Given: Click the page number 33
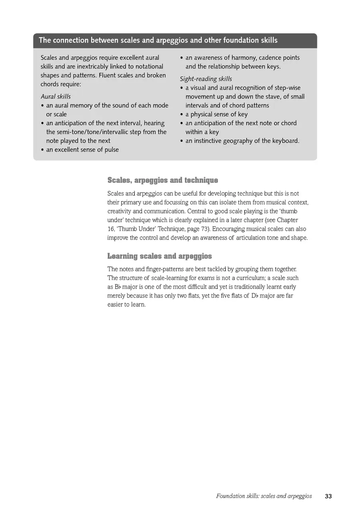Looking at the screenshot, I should (x=328, y=496).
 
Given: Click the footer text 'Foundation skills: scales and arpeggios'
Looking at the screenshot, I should (x=264, y=496).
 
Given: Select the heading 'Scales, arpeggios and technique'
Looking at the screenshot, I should (x=162, y=180).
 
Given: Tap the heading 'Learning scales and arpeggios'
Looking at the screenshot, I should (x=160, y=256).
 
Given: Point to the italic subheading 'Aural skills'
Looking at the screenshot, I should (x=56, y=96).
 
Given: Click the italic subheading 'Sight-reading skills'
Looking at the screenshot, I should (x=206, y=79).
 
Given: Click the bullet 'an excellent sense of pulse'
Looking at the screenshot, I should (x=82, y=150).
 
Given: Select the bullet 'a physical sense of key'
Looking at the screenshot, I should (x=216, y=114).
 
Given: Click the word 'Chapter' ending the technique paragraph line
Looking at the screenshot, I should (x=287, y=220).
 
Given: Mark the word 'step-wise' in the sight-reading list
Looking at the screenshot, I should (x=286, y=88).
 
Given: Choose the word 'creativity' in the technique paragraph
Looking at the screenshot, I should (x=120, y=211).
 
